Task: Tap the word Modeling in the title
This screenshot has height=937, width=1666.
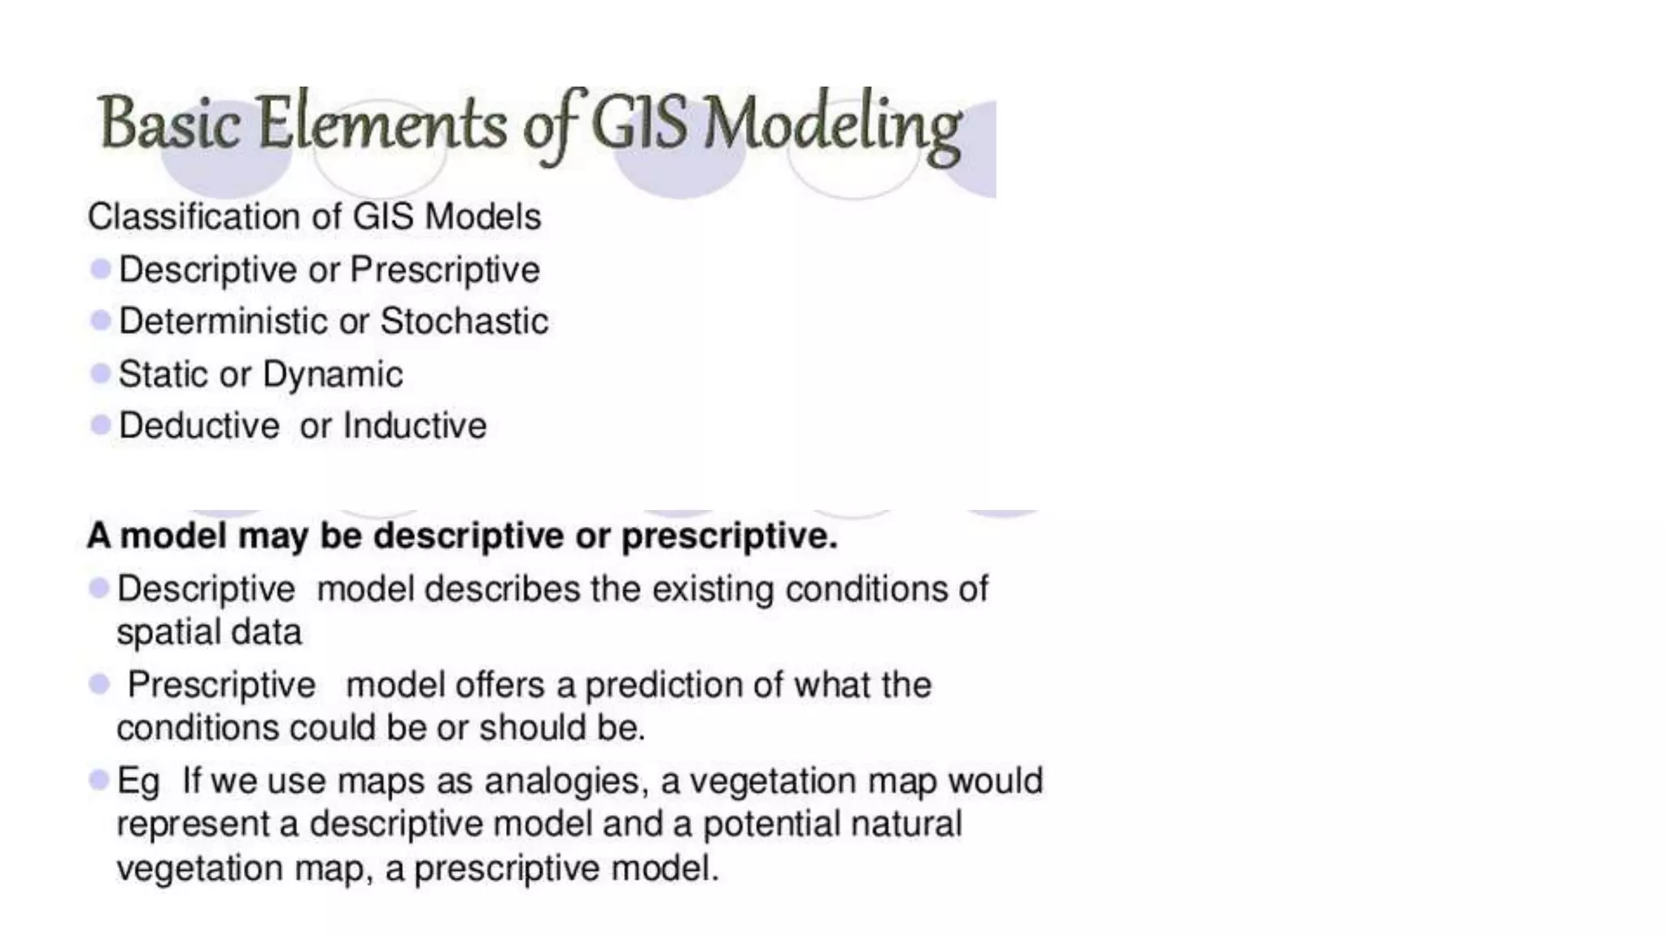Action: tap(831, 126)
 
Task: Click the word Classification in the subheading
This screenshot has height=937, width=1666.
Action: tap(194, 217)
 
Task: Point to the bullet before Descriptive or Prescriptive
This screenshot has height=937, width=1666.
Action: tap(101, 269)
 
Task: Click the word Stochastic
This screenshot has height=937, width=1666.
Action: tap(464, 321)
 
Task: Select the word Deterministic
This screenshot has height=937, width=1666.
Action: tap(223, 321)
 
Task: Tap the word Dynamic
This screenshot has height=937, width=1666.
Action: tap(332, 375)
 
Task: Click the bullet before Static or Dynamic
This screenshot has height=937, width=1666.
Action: tap(101, 374)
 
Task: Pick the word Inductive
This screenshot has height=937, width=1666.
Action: tap(415, 425)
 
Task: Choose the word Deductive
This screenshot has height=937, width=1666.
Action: tap(198, 425)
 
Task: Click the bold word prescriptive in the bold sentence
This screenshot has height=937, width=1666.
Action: tap(729, 537)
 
